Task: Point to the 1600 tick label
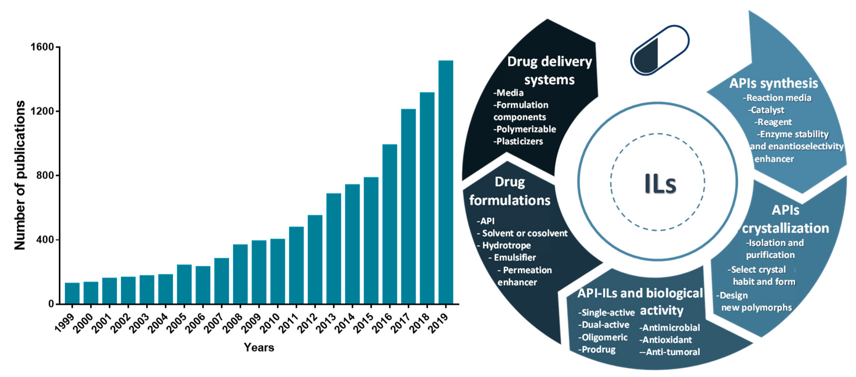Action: pos(42,47)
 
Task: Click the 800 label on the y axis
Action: pos(45,175)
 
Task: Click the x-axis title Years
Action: pos(259,347)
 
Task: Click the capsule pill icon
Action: pos(660,50)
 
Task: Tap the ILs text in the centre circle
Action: pos(660,184)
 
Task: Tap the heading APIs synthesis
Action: pos(773,83)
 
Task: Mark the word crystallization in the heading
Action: pos(785,228)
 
